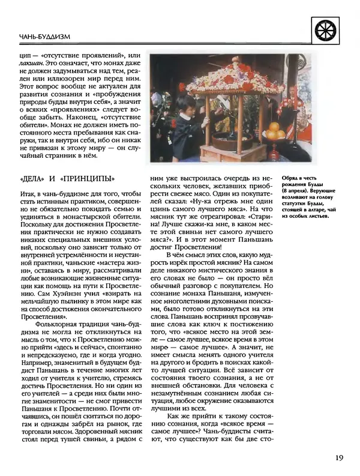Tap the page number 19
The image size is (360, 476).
tap(339, 459)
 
